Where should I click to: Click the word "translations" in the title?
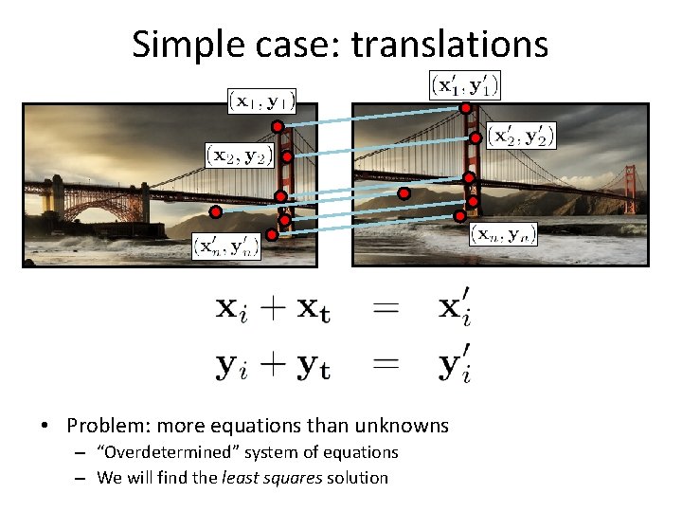[x=450, y=44]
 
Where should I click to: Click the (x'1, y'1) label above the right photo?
[x=464, y=86]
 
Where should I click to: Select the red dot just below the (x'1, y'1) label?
[x=465, y=108]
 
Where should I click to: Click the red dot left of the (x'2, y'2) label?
[x=475, y=137]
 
